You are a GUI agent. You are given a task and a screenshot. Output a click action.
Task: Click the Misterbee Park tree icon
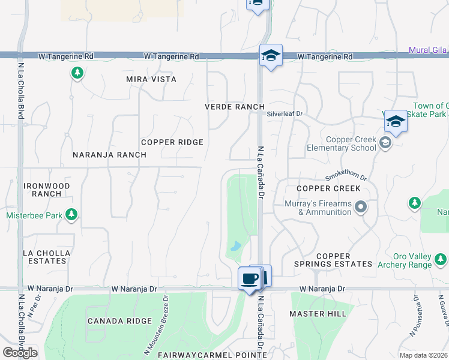[71, 214]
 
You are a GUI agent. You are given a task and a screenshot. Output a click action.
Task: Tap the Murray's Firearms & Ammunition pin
[360, 208]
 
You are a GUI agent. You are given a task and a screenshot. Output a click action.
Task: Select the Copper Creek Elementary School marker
[385, 143]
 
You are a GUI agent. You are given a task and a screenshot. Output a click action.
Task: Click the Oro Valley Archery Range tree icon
[441, 260]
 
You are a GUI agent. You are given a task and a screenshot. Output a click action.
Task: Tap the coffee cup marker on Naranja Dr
[250, 278]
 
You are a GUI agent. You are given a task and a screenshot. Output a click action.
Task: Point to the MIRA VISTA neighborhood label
[151, 79]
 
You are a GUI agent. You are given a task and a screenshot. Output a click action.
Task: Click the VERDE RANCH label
[234, 107]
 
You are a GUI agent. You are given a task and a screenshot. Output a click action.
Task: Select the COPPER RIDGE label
[172, 142]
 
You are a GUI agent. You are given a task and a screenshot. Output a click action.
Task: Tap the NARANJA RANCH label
[109, 155]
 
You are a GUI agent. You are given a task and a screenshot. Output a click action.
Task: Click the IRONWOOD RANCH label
[46, 190]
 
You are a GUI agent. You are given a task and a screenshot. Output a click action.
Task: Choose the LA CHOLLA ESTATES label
[46, 257]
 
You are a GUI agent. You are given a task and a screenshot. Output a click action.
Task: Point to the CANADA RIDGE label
[119, 321]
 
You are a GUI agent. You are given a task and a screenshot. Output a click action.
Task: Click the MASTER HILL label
[318, 314]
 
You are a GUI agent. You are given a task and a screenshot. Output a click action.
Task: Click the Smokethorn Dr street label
[346, 176]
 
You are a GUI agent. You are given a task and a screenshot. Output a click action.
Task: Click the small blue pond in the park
[236, 246]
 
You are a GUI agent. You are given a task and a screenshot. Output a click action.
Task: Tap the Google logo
[20, 353]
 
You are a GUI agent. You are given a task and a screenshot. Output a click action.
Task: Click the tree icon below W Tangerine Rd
[77, 73]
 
